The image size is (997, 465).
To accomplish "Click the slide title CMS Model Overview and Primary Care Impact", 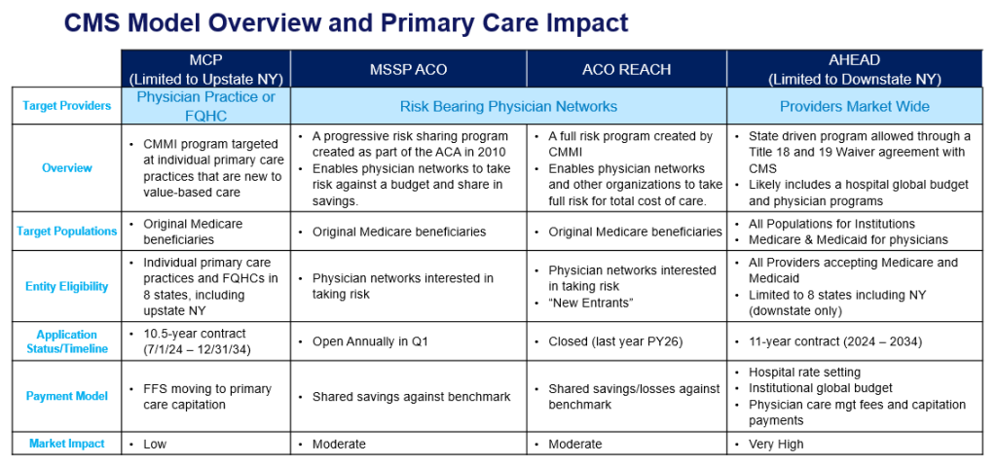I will tap(346, 22).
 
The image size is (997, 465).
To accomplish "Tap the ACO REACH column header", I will tap(626, 69).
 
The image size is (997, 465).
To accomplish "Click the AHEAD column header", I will tap(856, 68).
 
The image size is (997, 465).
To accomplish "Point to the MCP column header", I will tap(205, 68).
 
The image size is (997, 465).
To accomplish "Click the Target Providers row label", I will tap(66, 106).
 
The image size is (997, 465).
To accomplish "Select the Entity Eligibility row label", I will tap(66, 286).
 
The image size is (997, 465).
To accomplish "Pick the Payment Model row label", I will tap(66, 396).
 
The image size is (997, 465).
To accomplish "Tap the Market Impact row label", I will tap(66, 444).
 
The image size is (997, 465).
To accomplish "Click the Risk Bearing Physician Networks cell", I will tap(508, 106).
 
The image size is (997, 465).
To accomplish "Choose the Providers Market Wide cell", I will tap(855, 106).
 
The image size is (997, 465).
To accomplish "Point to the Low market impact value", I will tap(155, 444).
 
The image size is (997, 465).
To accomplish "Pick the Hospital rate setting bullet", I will tap(804, 373).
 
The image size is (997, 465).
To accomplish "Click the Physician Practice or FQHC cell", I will tap(205, 105).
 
